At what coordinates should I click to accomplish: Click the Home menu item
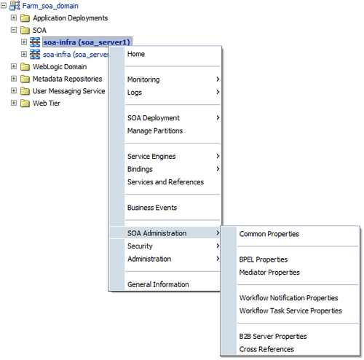click(x=136, y=54)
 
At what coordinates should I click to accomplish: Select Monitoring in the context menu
click(x=143, y=79)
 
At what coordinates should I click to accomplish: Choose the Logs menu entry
click(x=135, y=93)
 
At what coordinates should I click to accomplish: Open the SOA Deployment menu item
click(x=154, y=118)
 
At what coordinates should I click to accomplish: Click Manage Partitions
click(x=155, y=130)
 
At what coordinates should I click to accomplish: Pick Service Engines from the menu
click(x=151, y=157)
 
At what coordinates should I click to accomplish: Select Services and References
click(x=165, y=182)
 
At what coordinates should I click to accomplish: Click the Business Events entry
click(x=152, y=208)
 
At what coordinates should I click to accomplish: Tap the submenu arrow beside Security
click(x=218, y=246)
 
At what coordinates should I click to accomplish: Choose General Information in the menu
click(x=158, y=284)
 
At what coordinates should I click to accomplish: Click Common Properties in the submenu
click(x=269, y=234)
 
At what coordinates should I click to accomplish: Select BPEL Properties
click(x=264, y=259)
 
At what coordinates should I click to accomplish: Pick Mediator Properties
click(x=269, y=273)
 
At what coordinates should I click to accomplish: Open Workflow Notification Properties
click(x=288, y=298)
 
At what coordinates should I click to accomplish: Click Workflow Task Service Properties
click(x=290, y=310)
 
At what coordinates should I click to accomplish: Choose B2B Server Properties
click(x=273, y=337)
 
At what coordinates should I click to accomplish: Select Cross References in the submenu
click(x=266, y=349)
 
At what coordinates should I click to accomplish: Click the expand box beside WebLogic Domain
click(x=14, y=66)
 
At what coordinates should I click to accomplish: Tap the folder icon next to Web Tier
click(x=25, y=103)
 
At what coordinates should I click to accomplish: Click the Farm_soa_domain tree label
click(x=50, y=6)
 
